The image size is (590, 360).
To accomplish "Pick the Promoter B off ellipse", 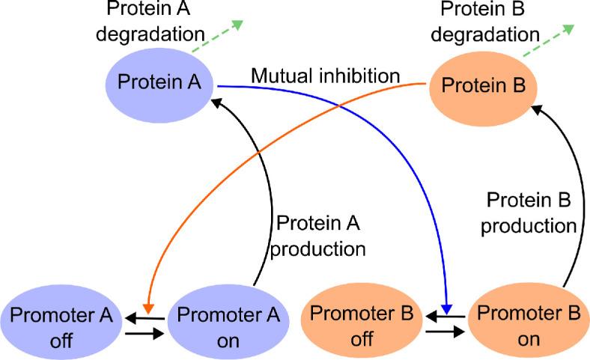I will (362, 326).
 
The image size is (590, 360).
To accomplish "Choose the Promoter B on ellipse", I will (529, 326).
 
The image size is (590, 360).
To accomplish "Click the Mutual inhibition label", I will (326, 76).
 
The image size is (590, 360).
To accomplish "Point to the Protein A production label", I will (318, 236).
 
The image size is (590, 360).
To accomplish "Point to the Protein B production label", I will (529, 213).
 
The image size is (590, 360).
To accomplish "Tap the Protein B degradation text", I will (490, 22).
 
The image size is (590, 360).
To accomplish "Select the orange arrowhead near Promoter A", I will (148, 308).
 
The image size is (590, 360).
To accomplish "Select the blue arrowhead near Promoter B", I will (446, 307).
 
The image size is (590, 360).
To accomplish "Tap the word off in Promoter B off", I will (362, 338).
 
